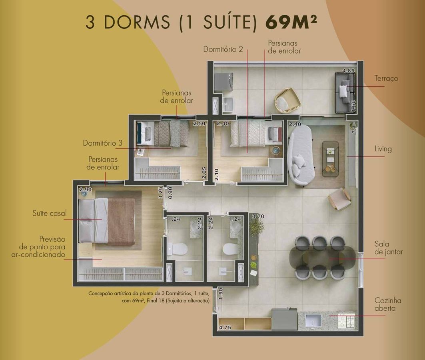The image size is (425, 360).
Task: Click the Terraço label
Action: tap(386, 78)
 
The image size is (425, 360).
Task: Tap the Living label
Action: tap(383, 149)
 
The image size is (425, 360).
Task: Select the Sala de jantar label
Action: tap(389, 248)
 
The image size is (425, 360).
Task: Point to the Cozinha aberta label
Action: tap(388, 304)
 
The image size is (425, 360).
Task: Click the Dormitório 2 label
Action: tap(223, 49)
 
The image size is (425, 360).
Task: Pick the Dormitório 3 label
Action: tap(103, 143)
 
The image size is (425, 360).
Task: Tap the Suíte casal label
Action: tap(49, 213)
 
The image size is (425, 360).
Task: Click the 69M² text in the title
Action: tap(291, 22)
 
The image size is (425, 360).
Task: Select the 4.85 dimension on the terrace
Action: tap(348, 71)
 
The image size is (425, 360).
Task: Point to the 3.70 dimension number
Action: tap(258, 216)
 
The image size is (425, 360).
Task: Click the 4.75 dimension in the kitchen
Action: tap(225, 327)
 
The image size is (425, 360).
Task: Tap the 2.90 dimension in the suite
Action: tap(86, 190)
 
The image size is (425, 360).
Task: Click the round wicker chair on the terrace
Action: tap(287, 100)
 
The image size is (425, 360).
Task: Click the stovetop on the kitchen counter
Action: tap(346, 321)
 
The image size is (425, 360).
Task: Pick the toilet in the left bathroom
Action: tap(178, 249)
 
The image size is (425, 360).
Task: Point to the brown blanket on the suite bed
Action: tap(121, 222)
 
